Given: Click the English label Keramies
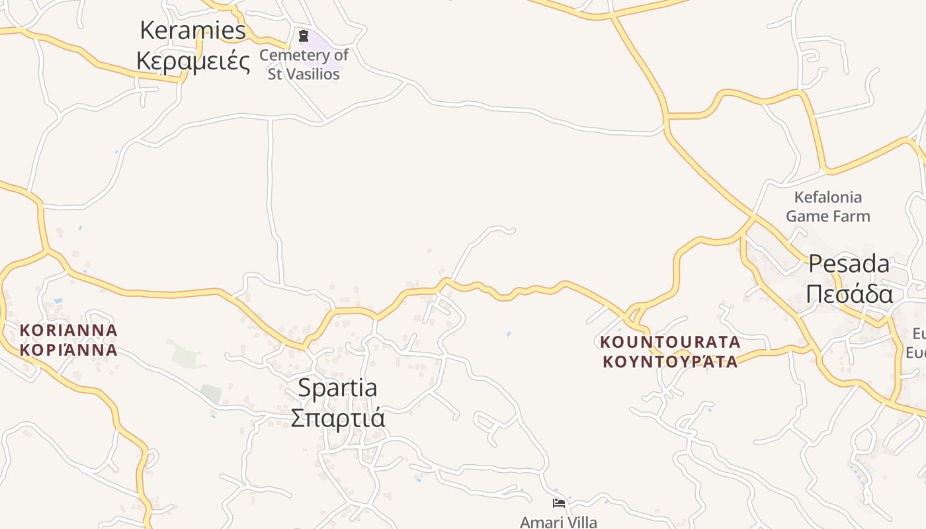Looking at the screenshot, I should (192, 30).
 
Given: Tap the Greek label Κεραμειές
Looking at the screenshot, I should (193, 61).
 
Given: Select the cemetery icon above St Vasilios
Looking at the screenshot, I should (304, 36).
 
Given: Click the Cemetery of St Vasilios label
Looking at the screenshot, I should (304, 64).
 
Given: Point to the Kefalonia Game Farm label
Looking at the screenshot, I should (827, 206).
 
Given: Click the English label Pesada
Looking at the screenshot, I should (849, 264).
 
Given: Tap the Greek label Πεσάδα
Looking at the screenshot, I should (849, 294).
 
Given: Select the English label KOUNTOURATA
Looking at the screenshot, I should (670, 342).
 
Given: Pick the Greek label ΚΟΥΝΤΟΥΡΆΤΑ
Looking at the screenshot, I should (670, 362).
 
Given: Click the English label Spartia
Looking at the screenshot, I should (337, 387).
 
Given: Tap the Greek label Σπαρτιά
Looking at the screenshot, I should (337, 418).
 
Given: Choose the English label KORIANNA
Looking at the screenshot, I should (68, 330).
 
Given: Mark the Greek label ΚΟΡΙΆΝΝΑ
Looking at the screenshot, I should (68, 350).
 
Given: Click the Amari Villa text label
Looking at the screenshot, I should (558, 522).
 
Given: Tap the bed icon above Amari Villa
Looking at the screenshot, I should (559, 503).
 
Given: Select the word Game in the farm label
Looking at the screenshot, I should (806, 216).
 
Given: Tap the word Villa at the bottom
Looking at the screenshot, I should (581, 522).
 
